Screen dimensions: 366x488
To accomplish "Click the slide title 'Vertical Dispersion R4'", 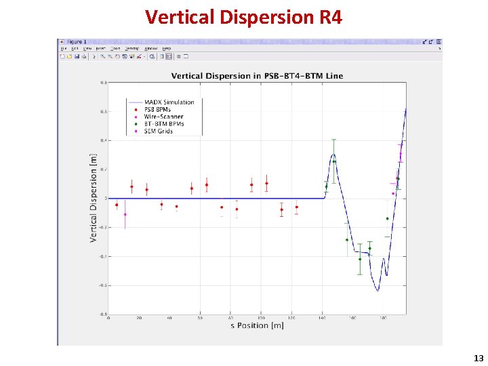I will click(x=243, y=16).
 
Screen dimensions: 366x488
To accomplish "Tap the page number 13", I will click(x=479, y=358).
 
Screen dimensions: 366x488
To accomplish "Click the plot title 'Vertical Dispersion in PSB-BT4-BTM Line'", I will click(x=257, y=75).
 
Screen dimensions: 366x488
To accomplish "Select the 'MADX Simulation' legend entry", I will click(x=169, y=102).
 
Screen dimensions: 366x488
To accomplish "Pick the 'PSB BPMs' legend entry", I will click(x=159, y=110).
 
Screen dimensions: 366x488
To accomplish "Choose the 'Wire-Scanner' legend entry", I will click(x=161, y=117).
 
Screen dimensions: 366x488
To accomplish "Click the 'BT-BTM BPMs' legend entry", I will click(x=163, y=124).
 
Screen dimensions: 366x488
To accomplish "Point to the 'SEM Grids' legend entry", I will click(x=157, y=131).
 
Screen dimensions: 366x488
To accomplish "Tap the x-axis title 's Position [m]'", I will click(x=257, y=326).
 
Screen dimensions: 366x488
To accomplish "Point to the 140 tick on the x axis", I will click(x=322, y=318).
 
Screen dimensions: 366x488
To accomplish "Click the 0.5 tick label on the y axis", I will click(x=103, y=111).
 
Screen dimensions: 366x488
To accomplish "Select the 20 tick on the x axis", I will click(x=139, y=318).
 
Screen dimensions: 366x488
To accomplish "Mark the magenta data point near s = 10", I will click(x=125, y=214).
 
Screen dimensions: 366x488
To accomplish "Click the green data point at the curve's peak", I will click(x=333, y=161).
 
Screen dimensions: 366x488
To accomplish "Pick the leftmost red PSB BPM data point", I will click(x=117, y=205).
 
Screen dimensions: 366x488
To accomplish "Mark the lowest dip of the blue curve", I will click(x=378, y=290).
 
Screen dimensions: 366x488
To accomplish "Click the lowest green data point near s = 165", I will click(x=360, y=259).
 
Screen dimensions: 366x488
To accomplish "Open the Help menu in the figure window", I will click(x=166, y=49).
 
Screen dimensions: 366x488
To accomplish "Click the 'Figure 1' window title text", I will click(x=74, y=42).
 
